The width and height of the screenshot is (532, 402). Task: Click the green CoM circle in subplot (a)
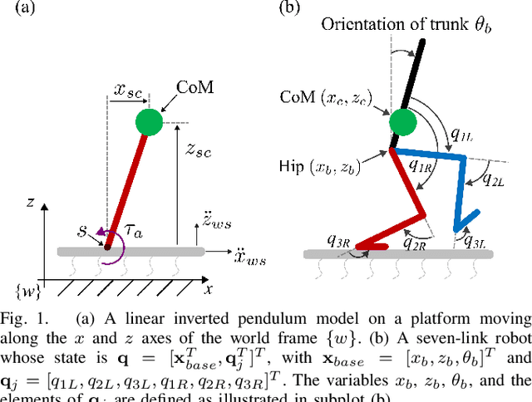point(150,122)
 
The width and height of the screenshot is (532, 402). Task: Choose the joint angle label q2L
point(497,183)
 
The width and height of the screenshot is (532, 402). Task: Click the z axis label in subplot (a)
point(30,201)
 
